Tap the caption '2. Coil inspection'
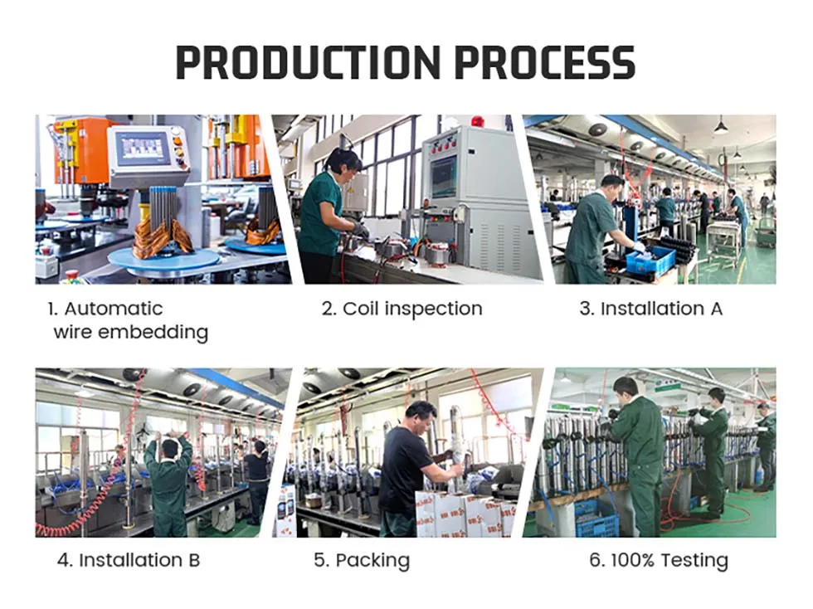pyautogui.click(x=402, y=309)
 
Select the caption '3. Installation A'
pyautogui.click(x=650, y=309)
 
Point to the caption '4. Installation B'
pyautogui.click(x=129, y=560)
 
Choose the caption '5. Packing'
pyautogui.click(x=362, y=561)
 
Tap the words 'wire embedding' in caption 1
pyautogui.click(x=130, y=333)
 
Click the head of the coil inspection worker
pyautogui.click(x=344, y=162)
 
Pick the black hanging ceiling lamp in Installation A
pyautogui.click(x=720, y=127)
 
